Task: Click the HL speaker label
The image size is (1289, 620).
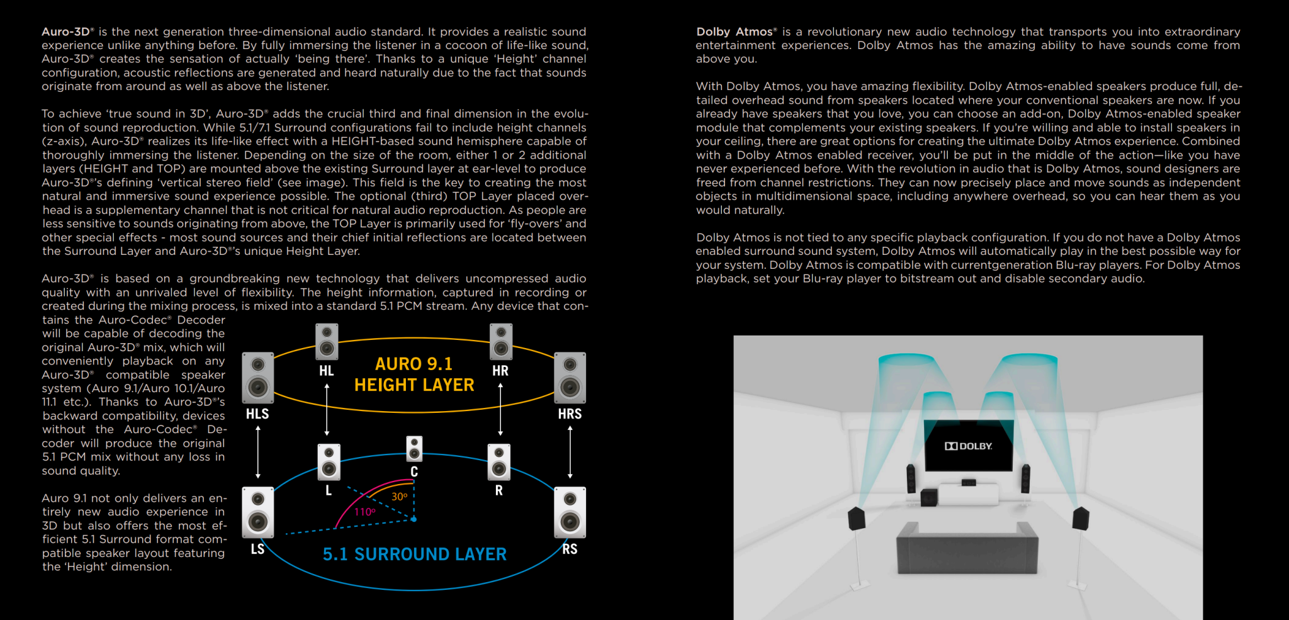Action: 326,371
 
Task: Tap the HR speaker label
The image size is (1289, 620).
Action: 500,371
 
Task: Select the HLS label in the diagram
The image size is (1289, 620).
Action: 257,414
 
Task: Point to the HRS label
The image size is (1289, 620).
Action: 570,414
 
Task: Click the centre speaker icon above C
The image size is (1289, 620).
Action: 414,449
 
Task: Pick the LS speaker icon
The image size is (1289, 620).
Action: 258,512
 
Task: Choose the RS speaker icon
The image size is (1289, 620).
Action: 570,512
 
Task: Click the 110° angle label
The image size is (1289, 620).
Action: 364,512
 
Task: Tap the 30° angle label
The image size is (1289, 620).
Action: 400,497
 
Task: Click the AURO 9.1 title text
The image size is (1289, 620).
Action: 414,364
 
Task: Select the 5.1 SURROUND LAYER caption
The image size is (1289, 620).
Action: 414,554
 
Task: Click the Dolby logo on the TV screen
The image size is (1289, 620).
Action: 968,446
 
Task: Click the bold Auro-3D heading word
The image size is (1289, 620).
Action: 66,31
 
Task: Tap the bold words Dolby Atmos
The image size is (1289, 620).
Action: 735,31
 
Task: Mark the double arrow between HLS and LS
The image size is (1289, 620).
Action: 258,452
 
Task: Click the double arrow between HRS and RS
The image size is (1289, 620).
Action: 570,452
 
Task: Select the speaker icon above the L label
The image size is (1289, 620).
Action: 329,462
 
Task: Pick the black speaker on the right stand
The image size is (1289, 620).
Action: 1080,519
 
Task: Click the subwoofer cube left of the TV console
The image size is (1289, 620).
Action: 928,498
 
